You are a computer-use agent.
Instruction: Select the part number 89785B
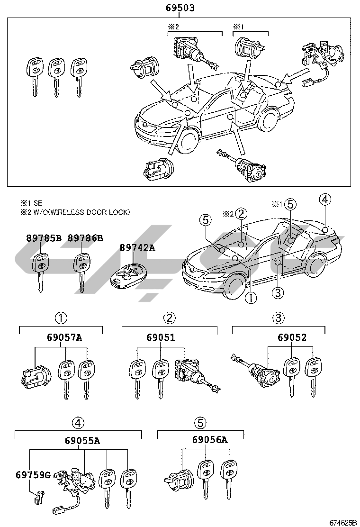pyautogui.click(x=45, y=238)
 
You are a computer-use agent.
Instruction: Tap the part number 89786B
pyautogui.click(x=85, y=238)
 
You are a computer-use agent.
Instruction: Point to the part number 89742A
pyautogui.click(x=137, y=247)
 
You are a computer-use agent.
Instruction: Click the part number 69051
pyautogui.click(x=161, y=337)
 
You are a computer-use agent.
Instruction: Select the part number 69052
pyautogui.click(x=292, y=337)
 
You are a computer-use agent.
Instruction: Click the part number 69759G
pyautogui.click(x=33, y=474)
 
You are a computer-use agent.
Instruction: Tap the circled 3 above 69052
pyautogui.click(x=278, y=318)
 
